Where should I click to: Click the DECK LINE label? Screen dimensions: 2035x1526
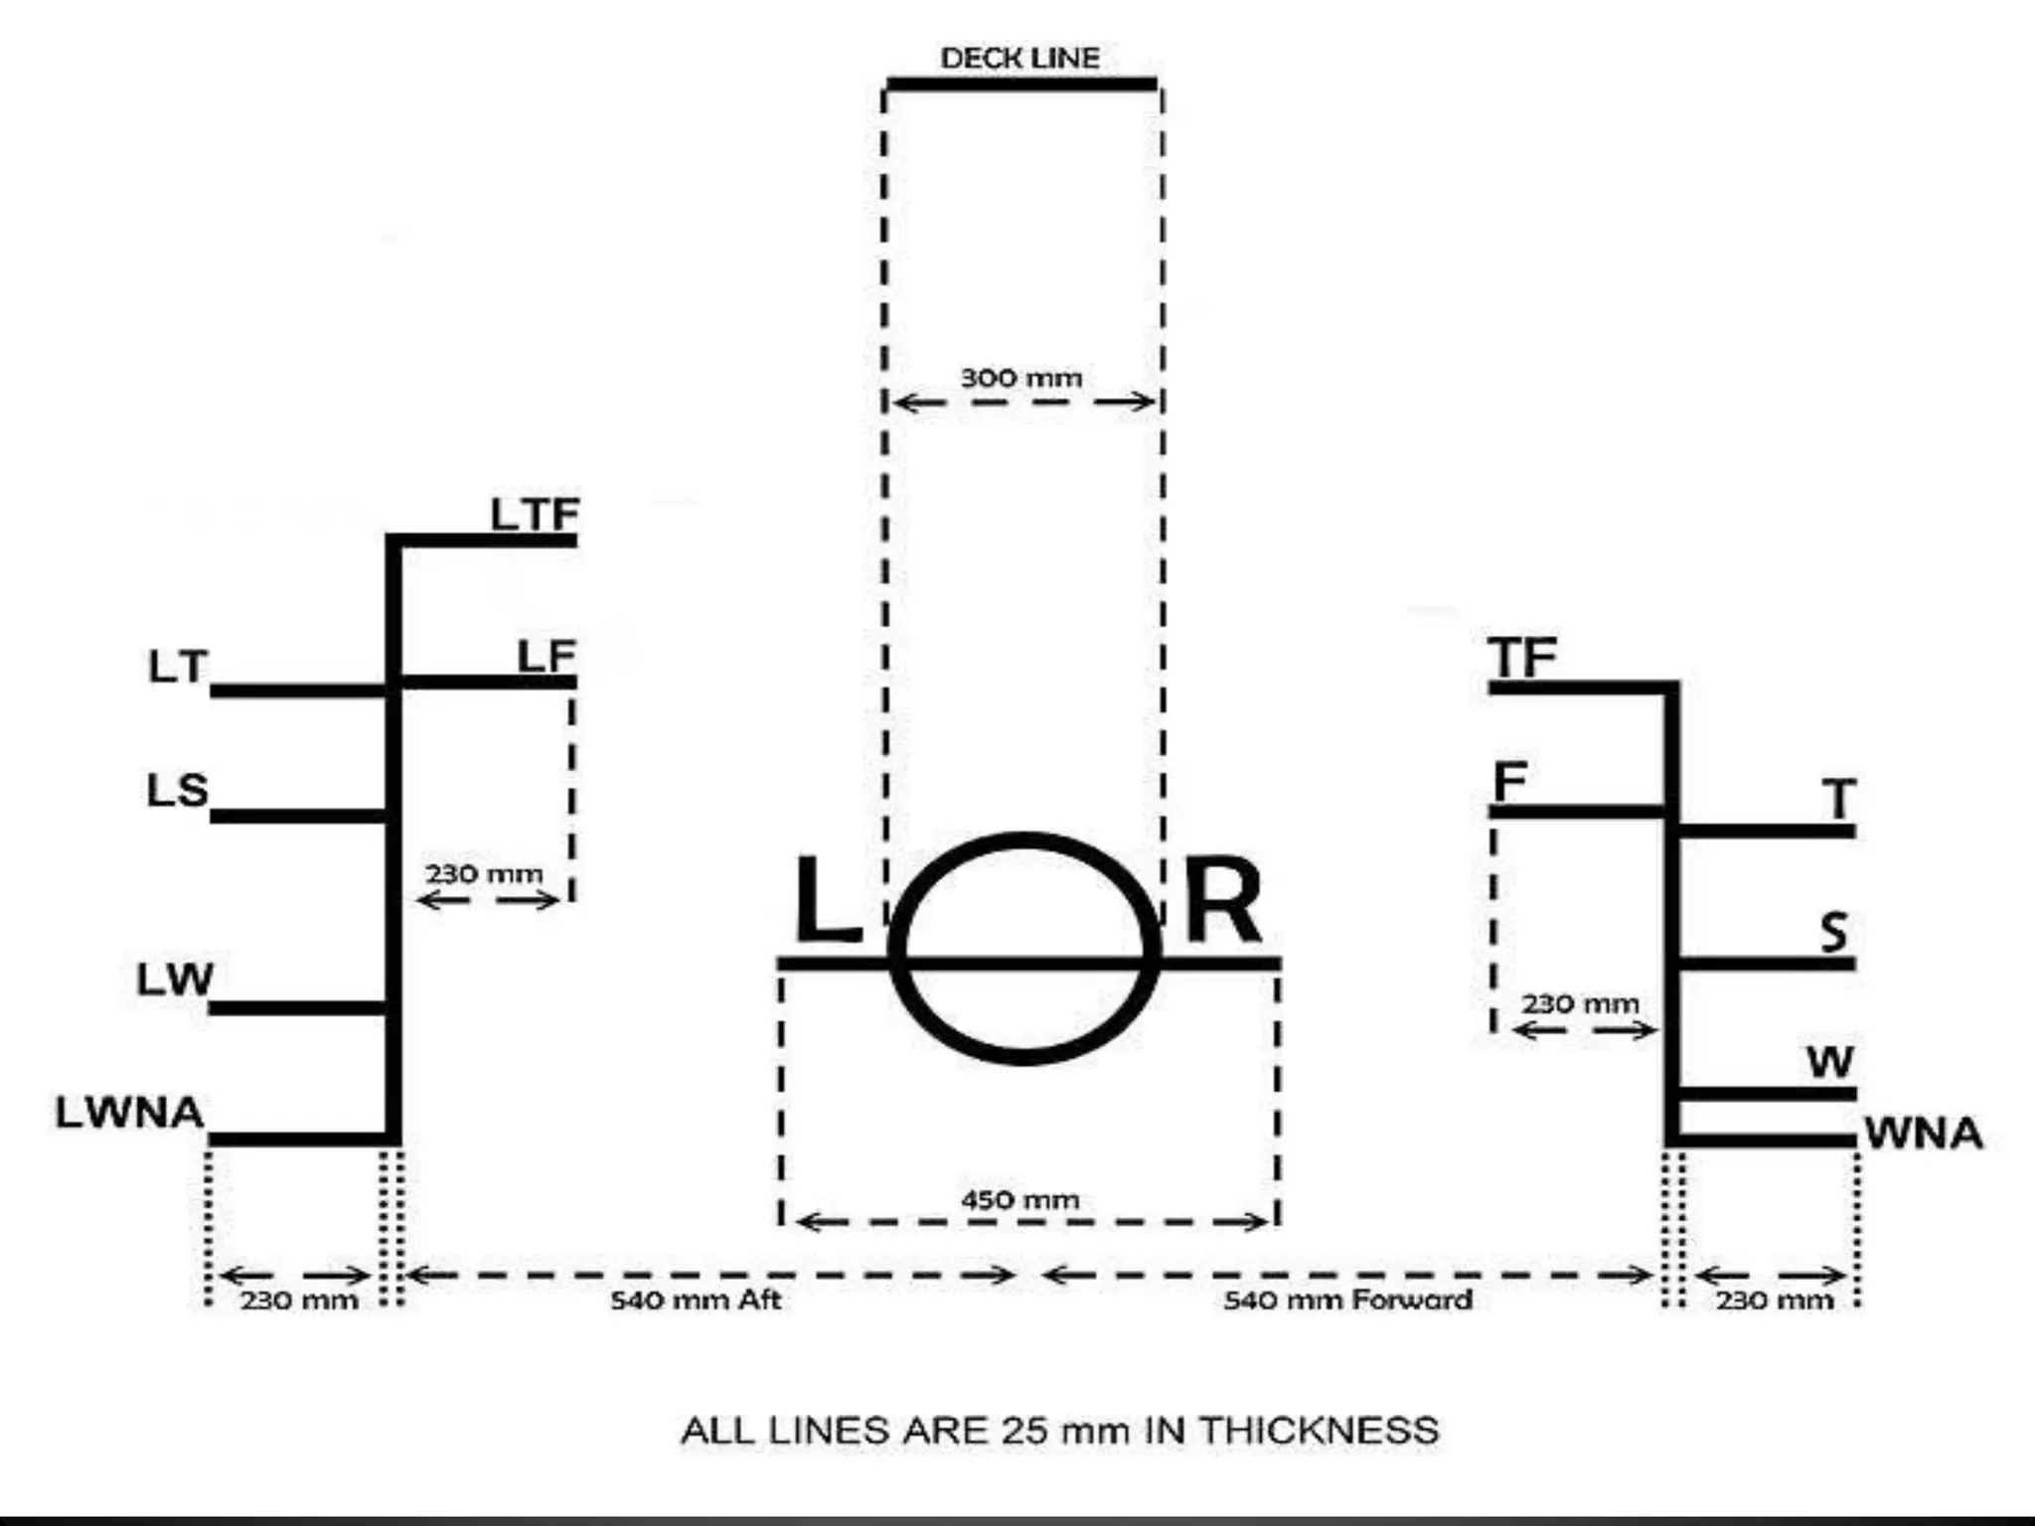(1019, 59)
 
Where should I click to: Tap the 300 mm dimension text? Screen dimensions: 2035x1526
(1020, 379)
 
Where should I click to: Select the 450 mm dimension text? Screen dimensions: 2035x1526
(1019, 1200)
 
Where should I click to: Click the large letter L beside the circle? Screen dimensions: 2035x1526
(826, 900)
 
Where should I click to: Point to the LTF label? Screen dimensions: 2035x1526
(535, 515)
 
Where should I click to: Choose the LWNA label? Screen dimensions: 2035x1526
(129, 1113)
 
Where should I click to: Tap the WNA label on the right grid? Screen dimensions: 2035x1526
(1923, 1134)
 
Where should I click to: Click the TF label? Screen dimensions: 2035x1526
(1522, 657)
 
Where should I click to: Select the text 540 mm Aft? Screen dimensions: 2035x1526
(696, 1300)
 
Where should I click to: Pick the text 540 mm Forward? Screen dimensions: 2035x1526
(1347, 1300)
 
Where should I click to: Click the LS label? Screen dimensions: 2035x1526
(178, 791)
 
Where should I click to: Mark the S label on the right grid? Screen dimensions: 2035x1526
(1834, 932)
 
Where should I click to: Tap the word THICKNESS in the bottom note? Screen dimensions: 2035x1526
(1319, 1431)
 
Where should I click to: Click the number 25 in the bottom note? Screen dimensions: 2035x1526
(1023, 1431)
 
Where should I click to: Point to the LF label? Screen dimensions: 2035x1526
(547, 657)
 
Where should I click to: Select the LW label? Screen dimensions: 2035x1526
(175, 980)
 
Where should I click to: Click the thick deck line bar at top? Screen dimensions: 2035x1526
(1021, 84)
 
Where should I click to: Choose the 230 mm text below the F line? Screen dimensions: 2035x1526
(1580, 1003)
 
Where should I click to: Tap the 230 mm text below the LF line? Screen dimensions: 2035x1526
(484, 874)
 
